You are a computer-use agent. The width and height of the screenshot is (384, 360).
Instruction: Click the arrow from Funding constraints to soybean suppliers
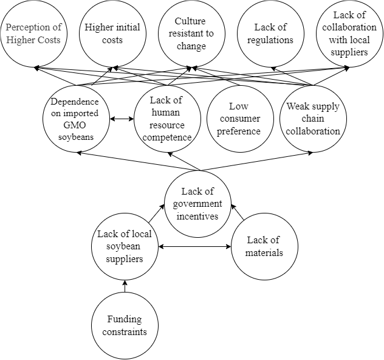[125, 286]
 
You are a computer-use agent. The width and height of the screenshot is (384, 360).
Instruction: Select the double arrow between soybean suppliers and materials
[194, 246]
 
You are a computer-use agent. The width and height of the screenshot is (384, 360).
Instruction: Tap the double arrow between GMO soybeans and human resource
[122, 119]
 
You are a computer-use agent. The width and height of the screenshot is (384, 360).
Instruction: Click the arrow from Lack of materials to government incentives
[238, 212]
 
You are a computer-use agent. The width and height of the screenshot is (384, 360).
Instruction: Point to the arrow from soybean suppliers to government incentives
[157, 213]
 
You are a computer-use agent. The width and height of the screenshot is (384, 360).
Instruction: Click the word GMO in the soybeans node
[75, 125]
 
